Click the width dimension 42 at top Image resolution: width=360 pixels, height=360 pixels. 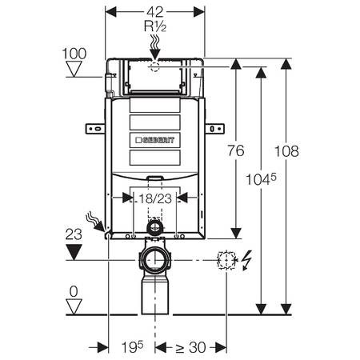(x=155, y=12)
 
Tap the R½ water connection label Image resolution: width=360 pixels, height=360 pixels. (x=155, y=26)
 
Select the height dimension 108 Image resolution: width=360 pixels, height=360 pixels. (x=286, y=151)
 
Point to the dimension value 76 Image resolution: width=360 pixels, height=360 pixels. (x=236, y=150)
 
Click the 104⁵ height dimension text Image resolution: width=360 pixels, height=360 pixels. (x=261, y=179)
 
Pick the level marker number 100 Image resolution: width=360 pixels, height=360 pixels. (x=74, y=54)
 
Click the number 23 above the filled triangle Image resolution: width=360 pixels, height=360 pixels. (x=74, y=234)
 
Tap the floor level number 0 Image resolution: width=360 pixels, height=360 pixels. (x=74, y=291)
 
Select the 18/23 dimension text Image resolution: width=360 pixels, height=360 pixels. (x=155, y=198)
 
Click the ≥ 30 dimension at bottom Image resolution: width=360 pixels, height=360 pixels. (x=190, y=347)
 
